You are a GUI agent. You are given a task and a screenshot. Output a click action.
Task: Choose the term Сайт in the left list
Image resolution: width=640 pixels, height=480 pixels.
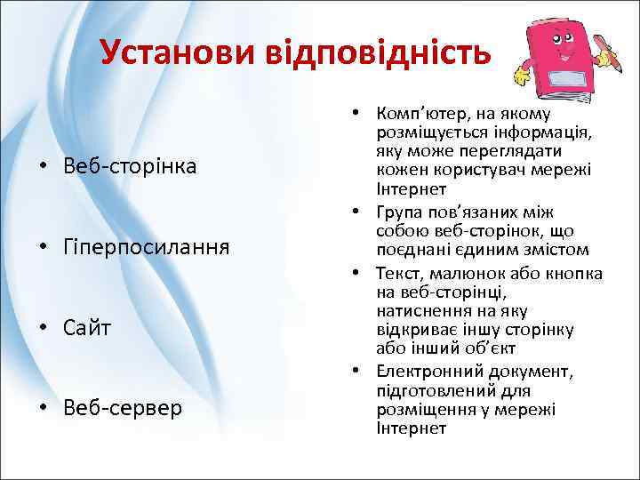pyautogui.click(x=87, y=328)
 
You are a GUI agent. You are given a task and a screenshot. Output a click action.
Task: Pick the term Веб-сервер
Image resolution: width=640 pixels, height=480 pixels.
pyautogui.click(x=123, y=408)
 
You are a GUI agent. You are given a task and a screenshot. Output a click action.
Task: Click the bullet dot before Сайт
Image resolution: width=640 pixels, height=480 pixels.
pyautogui.click(x=42, y=328)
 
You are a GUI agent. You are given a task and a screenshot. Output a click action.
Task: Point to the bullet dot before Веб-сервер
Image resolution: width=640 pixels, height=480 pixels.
pyautogui.click(x=42, y=409)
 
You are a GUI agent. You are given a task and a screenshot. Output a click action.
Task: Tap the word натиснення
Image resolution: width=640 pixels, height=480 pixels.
pyautogui.click(x=420, y=310)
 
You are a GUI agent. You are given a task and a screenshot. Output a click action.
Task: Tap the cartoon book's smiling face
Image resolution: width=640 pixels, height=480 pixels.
pyautogui.click(x=562, y=45)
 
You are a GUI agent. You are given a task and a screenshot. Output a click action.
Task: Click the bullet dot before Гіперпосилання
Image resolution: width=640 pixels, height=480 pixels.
pyautogui.click(x=42, y=247)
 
